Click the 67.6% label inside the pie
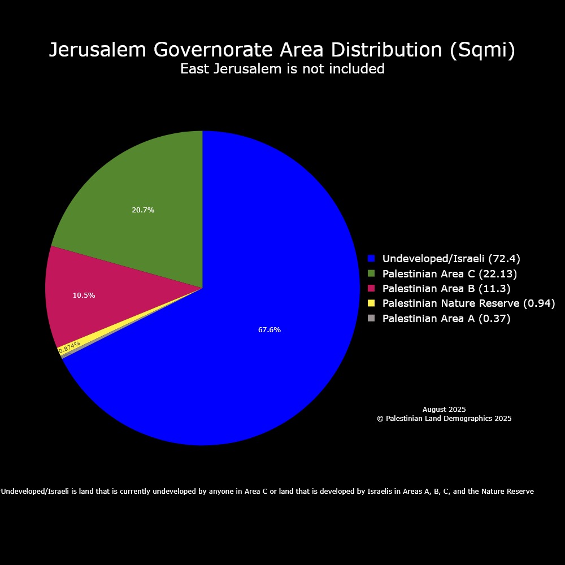(x=270, y=330)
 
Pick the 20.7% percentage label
(x=143, y=210)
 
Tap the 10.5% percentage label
(x=84, y=295)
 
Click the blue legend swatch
(x=371, y=259)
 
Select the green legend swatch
(x=371, y=273)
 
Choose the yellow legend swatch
(x=371, y=303)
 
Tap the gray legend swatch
(x=371, y=318)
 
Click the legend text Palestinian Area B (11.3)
(x=446, y=289)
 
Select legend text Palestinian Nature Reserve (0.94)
(x=468, y=303)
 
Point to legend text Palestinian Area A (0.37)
(x=446, y=318)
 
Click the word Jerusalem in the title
(x=98, y=50)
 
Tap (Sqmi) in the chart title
(x=483, y=50)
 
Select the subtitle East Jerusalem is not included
(x=282, y=69)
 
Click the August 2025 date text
(x=444, y=410)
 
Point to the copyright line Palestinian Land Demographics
(x=444, y=419)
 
